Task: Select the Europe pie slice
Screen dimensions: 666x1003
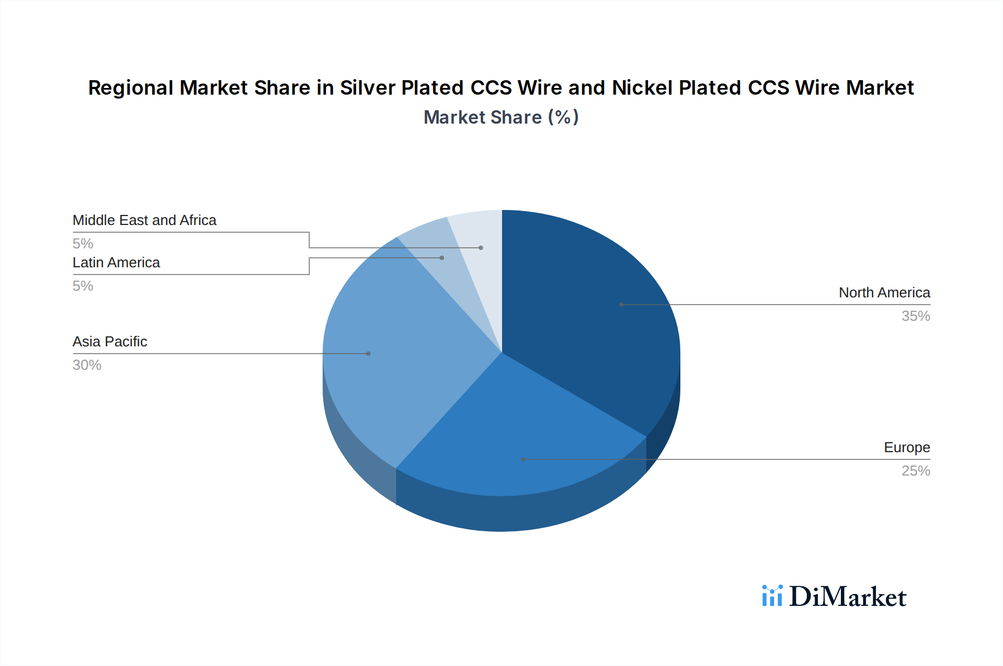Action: pyautogui.click(x=518, y=440)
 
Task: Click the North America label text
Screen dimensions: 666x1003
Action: pyautogui.click(x=884, y=292)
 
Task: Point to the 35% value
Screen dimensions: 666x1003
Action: pyautogui.click(x=916, y=316)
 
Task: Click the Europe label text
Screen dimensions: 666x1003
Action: pyautogui.click(x=907, y=447)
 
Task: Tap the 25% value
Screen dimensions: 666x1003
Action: pyautogui.click(x=916, y=471)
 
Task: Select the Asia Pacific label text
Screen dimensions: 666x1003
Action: pyautogui.click(x=110, y=341)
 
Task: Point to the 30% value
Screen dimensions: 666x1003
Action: pyautogui.click(x=87, y=365)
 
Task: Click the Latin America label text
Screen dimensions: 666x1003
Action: pyautogui.click(x=116, y=262)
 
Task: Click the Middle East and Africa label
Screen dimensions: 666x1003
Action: pyautogui.click(x=144, y=220)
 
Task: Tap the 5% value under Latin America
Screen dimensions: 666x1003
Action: pyautogui.click(x=82, y=286)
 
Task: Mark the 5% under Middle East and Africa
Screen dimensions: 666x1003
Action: pyautogui.click(x=82, y=243)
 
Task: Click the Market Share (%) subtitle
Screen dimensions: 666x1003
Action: pyautogui.click(x=501, y=117)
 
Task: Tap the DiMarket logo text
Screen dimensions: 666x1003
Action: pyautogui.click(x=847, y=596)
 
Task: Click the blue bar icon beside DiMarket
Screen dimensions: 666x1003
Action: pyautogui.click(x=772, y=596)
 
